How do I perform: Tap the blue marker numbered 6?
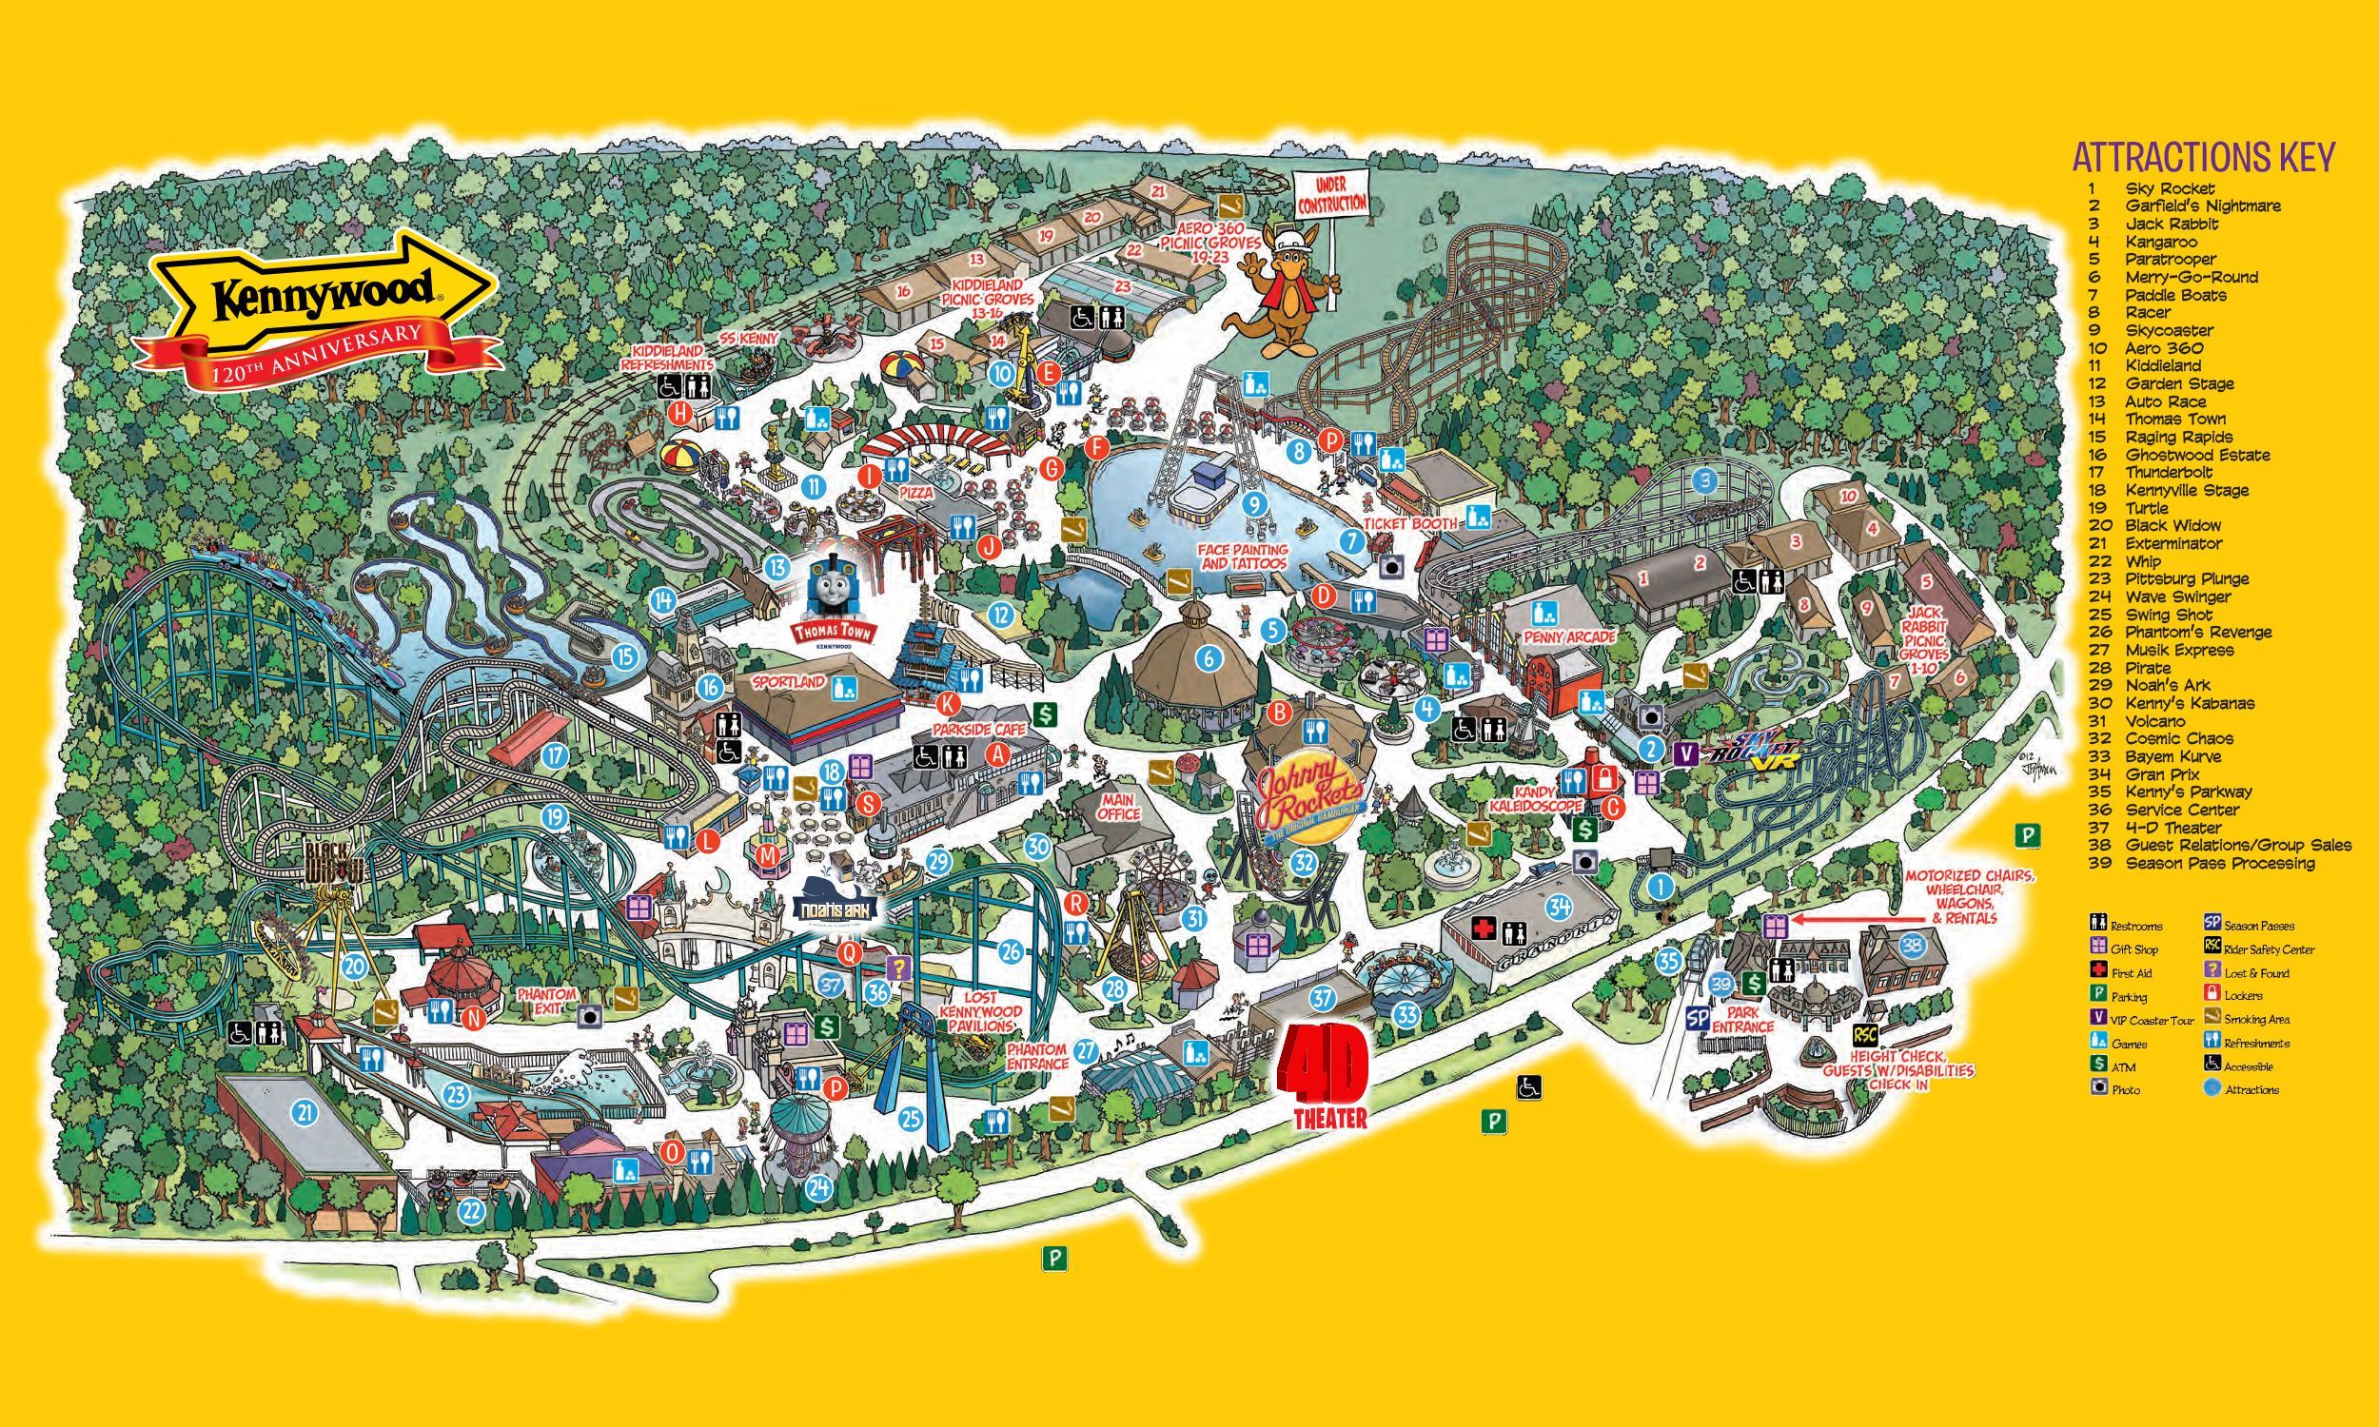[1208, 658]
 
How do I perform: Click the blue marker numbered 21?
[305, 1112]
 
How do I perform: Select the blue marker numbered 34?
[1559, 906]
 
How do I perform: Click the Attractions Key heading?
[2203, 156]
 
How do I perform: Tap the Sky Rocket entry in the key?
[2170, 188]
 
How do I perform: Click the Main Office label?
[1117, 806]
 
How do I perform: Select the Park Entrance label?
[1742, 1019]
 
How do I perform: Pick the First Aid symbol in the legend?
[2098, 972]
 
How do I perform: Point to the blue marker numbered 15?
[627, 657]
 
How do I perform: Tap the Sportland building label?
[789, 682]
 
